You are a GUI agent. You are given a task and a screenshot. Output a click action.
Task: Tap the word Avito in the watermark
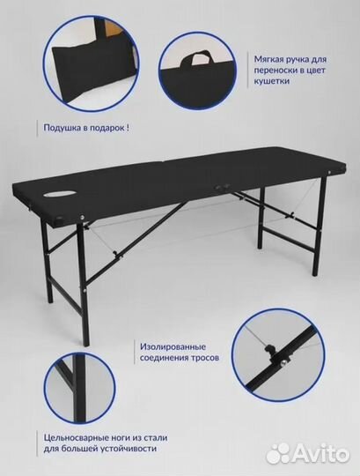(322, 454)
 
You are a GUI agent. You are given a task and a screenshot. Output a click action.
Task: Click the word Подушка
(62, 128)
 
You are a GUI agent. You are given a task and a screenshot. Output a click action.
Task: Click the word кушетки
(272, 81)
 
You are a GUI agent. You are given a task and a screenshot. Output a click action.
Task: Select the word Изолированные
(173, 346)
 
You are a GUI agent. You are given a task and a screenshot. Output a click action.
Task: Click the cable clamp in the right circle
(269, 350)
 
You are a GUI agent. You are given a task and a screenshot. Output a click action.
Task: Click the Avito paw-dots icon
(279, 453)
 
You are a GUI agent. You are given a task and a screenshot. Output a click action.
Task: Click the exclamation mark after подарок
(129, 128)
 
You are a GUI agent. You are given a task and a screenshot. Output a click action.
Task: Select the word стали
(155, 438)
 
